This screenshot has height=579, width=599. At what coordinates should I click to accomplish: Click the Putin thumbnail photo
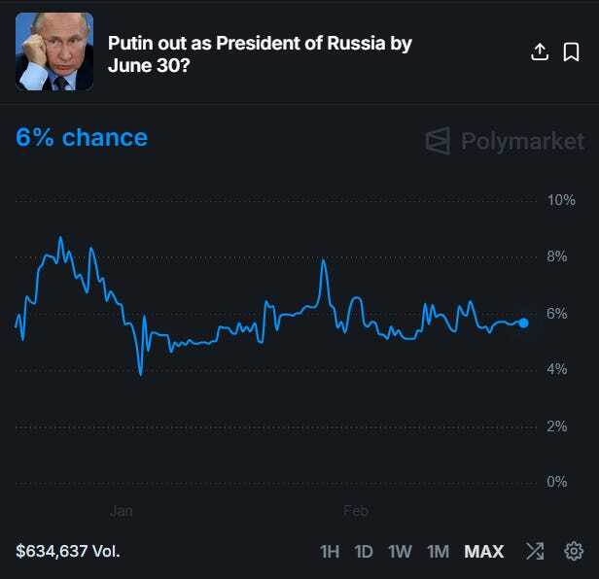point(54,51)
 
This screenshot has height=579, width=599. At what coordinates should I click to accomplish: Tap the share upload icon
point(540,52)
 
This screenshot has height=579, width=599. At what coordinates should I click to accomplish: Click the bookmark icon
point(572,52)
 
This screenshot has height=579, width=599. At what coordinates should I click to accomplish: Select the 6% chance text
point(82,138)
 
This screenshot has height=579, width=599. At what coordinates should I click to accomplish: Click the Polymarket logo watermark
point(506,141)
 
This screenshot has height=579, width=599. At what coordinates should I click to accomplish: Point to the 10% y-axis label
point(562,201)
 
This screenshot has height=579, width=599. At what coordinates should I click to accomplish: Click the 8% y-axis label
point(558,257)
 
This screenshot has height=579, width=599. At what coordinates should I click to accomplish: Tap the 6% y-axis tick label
point(558,314)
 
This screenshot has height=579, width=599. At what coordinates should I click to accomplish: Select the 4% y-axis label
point(558,370)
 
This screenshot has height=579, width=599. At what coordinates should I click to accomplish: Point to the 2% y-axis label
point(558,426)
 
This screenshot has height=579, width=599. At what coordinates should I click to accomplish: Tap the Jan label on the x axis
point(121,510)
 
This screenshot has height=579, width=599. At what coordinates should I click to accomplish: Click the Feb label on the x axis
point(356,510)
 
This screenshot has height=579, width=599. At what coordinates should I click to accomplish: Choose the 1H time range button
point(330,552)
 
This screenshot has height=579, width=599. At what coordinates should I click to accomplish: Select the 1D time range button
point(364,552)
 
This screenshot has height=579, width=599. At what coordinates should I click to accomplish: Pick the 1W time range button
point(400,552)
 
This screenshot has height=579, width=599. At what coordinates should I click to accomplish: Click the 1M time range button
point(438,552)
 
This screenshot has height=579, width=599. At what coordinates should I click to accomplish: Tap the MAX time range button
point(484,552)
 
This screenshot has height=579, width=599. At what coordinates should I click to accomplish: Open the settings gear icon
point(574,552)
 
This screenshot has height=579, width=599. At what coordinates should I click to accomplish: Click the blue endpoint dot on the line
point(523,323)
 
